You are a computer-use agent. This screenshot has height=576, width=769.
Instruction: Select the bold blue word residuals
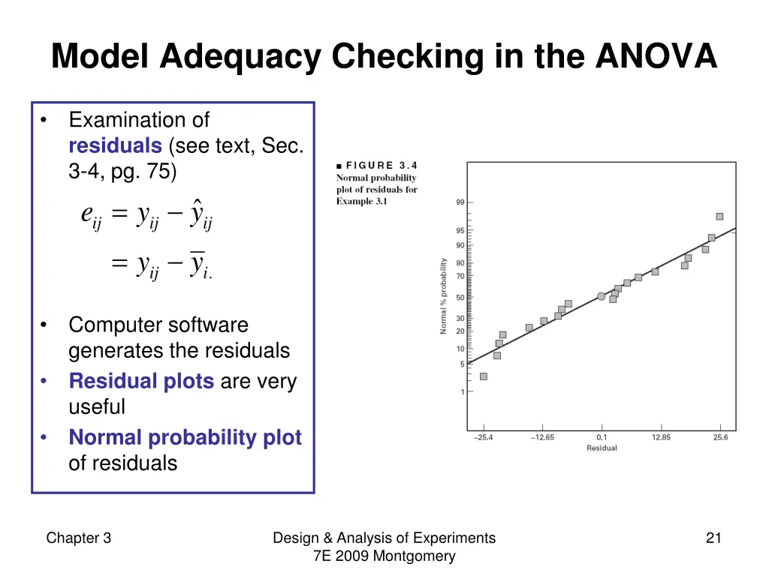115,145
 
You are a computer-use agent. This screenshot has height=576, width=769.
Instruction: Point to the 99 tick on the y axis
460,202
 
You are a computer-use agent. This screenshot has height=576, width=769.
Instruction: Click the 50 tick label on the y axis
460,298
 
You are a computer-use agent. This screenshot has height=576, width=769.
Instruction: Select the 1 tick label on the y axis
462,391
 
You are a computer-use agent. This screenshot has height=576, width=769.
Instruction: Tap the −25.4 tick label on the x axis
484,437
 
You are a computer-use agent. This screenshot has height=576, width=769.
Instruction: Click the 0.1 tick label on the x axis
602,437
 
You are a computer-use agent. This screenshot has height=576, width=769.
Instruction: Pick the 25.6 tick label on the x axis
720,437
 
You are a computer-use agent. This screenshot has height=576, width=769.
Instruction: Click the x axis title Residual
602,448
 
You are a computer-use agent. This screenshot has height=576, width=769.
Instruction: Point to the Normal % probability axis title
444,296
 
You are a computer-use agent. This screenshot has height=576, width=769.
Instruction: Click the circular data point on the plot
601,296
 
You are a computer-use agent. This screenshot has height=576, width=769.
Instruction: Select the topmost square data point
719,216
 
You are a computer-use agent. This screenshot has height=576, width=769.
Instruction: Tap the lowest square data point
484,376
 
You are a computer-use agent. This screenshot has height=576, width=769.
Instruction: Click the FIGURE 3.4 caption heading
377,166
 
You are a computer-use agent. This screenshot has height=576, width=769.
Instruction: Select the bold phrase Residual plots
141,382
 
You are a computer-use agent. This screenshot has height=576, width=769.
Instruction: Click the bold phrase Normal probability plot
185,437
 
